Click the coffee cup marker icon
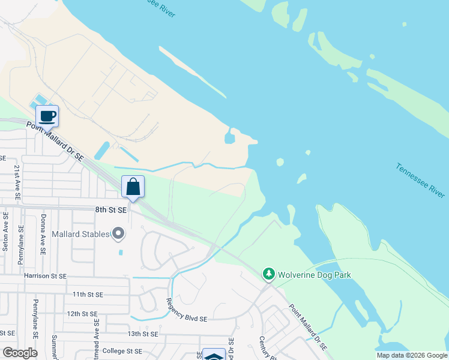[x=47, y=115]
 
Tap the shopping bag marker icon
[x=133, y=186]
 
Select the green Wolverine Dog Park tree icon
[x=269, y=275]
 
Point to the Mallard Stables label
[x=81, y=233]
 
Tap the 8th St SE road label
[x=111, y=210]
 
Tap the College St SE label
[x=122, y=351]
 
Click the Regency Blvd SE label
[x=186, y=310]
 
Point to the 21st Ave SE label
[x=17, y=182]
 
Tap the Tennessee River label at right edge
[x=420, y=180]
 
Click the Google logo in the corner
[x=20, y=353]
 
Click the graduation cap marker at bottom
[x=213, y=355]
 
